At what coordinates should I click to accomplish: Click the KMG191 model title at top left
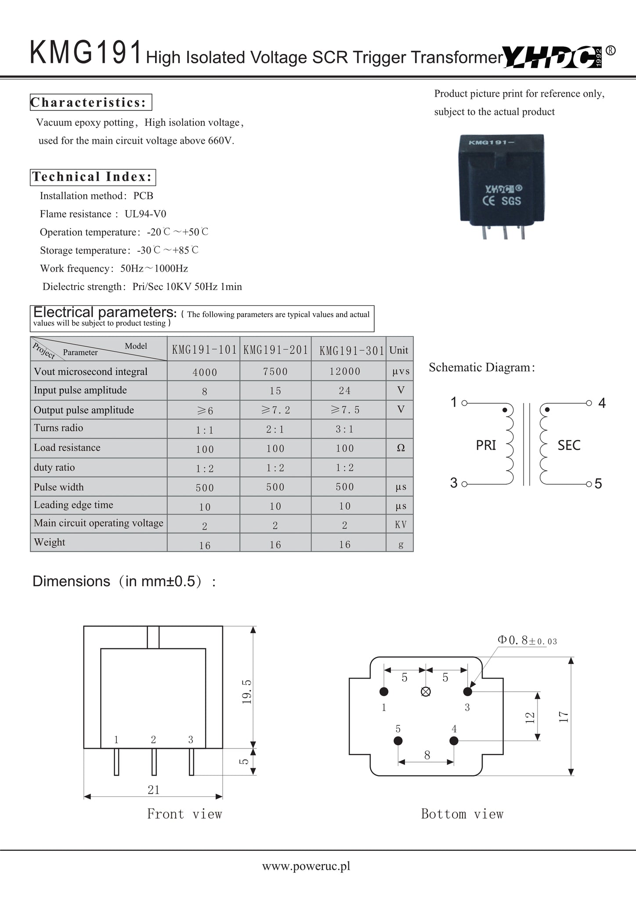click(86, 52)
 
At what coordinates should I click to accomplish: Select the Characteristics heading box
click(91, 102)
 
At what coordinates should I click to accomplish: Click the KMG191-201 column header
click(275, 350)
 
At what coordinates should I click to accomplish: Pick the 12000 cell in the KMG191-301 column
click(345, 372)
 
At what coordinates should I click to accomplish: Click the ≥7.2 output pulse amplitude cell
click(275, 410)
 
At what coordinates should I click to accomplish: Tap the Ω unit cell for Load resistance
click(401, 448)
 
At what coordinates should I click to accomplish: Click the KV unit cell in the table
click(401, 525)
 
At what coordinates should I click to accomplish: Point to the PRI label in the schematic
click(486, 446)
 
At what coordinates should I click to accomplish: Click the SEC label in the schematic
click(569, 446)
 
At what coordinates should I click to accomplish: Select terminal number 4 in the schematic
click(602, 403)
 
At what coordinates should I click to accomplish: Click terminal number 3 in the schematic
click(454, 483)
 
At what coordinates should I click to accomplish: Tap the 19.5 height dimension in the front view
click(246, 692)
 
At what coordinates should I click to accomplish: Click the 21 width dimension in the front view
click(153, 790)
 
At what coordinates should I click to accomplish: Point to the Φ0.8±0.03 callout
click(527, 640)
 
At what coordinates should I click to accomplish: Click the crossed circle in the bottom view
click(426, 692)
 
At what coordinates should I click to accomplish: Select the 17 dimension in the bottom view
click(564, 717)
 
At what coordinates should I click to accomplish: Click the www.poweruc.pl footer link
click(306, 866)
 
